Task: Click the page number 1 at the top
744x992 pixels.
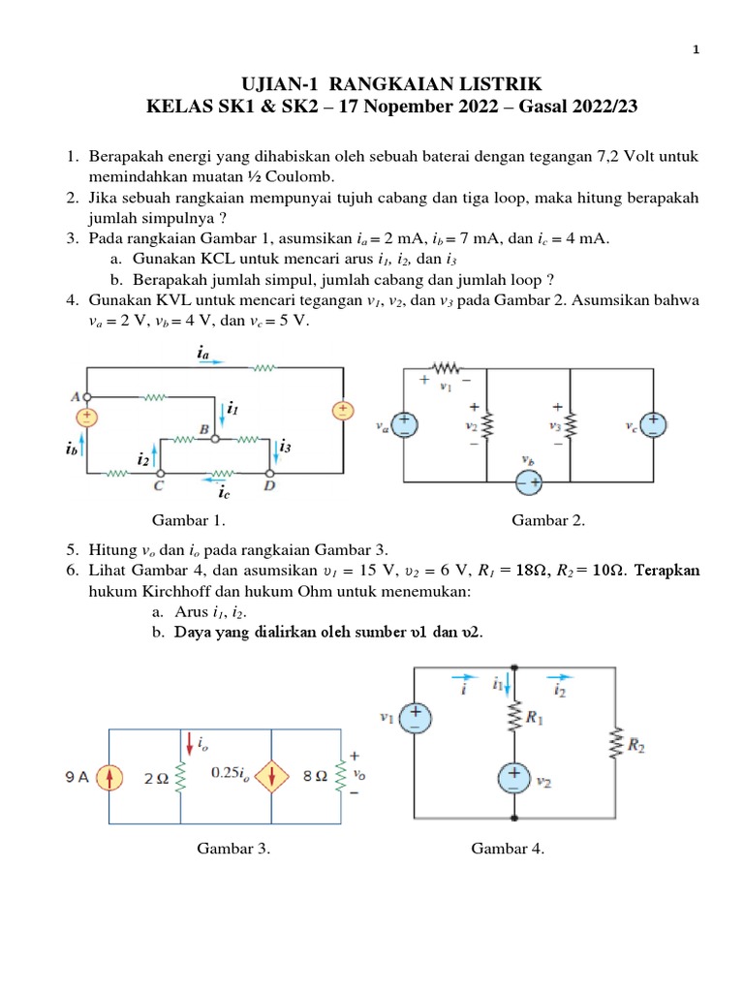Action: (x=696, y=50)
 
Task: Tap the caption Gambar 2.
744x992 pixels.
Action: (x=548, y=520)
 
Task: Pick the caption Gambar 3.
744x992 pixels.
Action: (x=233, y=849)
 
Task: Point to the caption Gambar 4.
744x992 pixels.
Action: (x=508, y=849)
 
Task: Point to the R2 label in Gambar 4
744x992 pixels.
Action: (x=635, y=745)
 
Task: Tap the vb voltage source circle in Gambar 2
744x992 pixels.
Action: (x=528, y=481)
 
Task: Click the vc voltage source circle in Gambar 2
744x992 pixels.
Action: (x=654, y=424)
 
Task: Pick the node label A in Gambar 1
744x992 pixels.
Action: (x=75, y=395)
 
